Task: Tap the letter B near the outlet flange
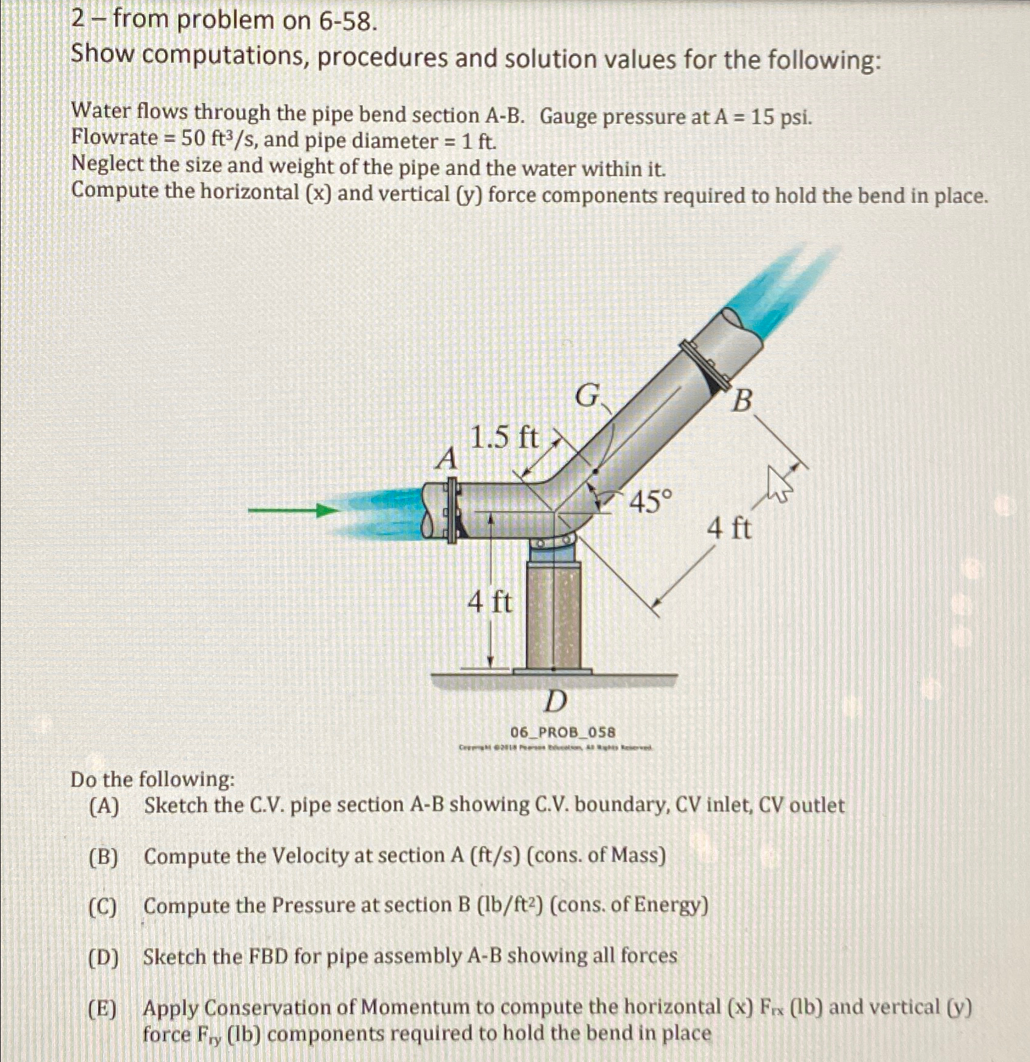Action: pos(741,402)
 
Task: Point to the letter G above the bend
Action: pos(588,397)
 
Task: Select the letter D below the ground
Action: pos(554,701)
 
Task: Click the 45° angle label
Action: pos(651,502)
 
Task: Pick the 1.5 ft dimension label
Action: pos(504,438)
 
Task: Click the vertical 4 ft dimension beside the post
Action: pos(489,603)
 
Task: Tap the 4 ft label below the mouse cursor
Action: pos(729,528)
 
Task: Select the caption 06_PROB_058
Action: pos(563,732)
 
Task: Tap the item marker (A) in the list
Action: pos(104,807)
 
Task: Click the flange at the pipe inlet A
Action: pos(451,511)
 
